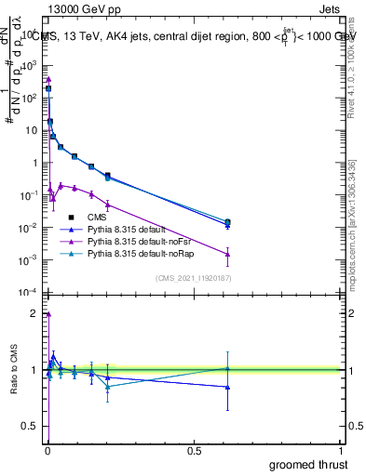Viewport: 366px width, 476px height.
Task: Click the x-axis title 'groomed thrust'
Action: point(308,464)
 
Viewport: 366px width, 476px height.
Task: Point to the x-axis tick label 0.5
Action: point(194,449)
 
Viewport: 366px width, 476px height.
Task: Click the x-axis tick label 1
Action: point(343,449)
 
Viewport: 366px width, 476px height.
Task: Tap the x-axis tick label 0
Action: point(47,449)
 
